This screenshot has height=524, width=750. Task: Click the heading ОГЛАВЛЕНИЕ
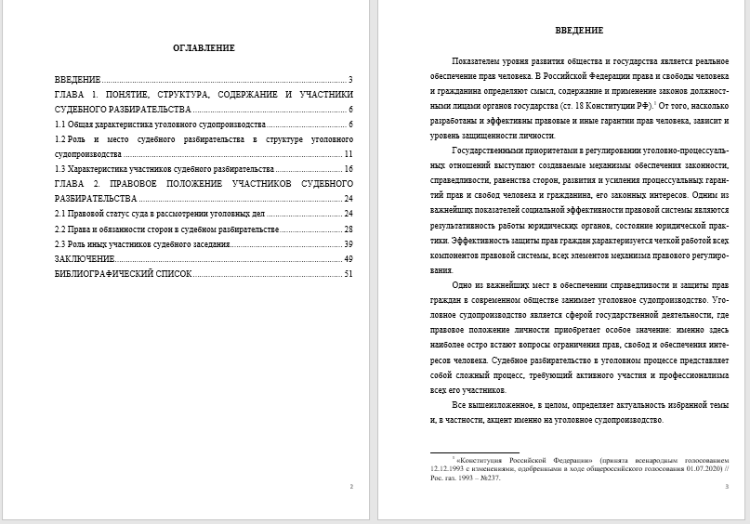tap(204, 47)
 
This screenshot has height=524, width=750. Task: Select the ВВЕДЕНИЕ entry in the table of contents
tap(77, 79)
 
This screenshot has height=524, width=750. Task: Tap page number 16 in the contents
tap(349, 169)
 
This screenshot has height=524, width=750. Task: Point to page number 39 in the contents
tap(349, 243)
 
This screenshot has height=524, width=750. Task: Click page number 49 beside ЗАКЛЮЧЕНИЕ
tap(349, 258)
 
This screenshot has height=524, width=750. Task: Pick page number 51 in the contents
tap(349, 274)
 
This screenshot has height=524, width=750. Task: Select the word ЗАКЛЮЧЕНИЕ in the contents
tap(85, 258)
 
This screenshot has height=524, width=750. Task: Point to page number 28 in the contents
tap(349, 229)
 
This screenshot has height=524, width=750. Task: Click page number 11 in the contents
tap(349, 153)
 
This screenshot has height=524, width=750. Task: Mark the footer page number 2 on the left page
tap(350, 486)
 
